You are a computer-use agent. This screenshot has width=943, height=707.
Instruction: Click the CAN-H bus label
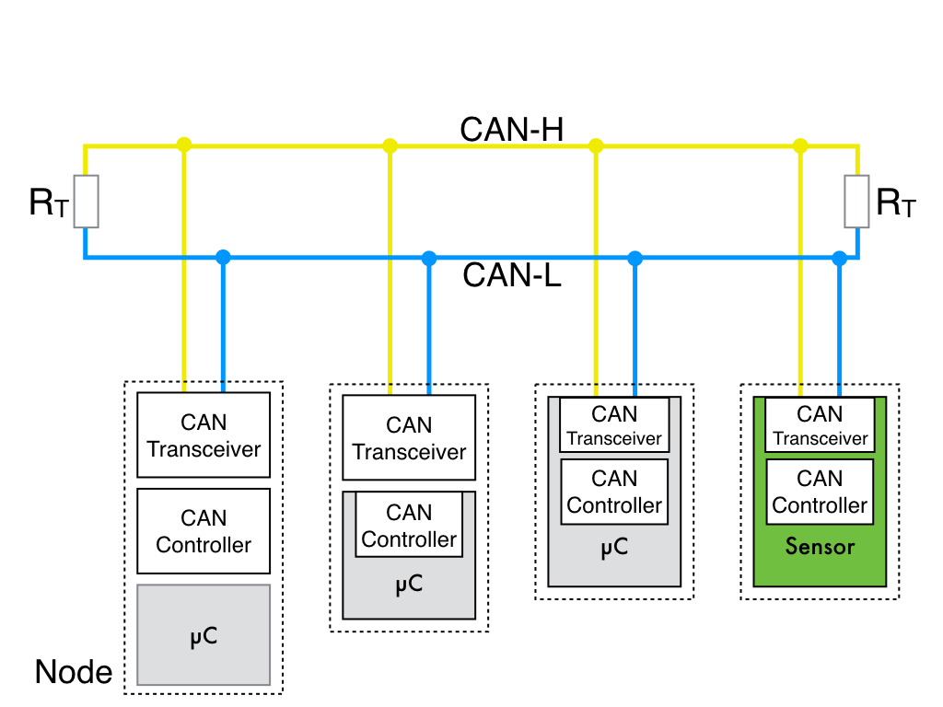[511, 130]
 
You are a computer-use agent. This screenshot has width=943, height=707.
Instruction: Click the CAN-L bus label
[512, 275]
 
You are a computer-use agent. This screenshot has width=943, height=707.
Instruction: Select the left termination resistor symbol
[86, 202]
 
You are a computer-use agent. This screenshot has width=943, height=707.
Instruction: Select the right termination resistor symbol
[856, 202]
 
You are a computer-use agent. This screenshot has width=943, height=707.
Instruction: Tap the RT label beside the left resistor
[48, 203]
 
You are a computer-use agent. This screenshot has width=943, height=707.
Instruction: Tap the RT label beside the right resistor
[896, 203]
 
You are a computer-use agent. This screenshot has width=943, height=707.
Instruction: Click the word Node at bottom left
[74, 673]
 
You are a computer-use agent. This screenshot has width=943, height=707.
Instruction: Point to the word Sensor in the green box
[820, 547]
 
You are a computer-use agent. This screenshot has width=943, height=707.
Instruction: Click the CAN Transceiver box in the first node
[204, 435]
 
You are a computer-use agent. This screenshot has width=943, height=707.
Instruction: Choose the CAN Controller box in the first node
[204, 531]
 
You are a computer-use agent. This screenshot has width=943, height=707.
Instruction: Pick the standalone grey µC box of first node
[204, 635]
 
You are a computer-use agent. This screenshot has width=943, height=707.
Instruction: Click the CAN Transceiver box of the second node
[409, 437]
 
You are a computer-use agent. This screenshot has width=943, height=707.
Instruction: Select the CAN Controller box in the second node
[409, 525]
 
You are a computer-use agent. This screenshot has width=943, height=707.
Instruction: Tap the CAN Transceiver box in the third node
[614, 425]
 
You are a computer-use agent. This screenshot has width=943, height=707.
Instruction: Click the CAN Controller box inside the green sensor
[820, 492]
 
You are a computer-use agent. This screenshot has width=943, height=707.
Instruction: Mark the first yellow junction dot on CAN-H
[184, 145]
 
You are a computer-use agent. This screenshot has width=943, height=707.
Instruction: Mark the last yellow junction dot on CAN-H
[800, 145]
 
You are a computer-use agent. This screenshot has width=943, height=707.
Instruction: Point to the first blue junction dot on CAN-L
[222, 258]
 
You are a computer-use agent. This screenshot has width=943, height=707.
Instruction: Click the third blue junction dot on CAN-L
[634, 258]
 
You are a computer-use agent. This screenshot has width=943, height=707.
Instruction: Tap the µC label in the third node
[614, 548]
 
